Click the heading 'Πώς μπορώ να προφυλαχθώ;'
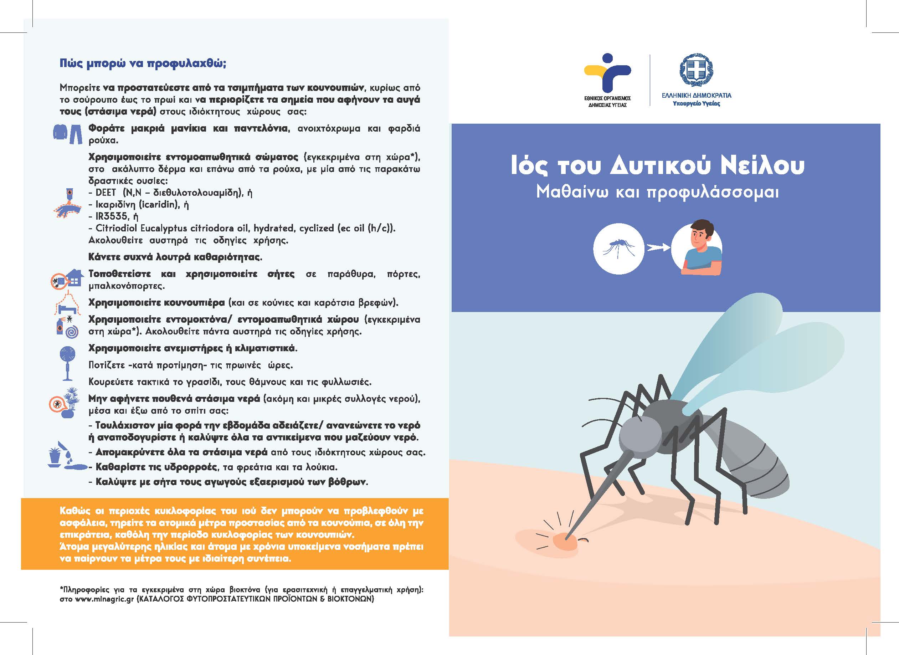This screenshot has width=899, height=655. coord(143,64)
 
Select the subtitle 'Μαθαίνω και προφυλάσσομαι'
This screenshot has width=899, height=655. coord(658,192)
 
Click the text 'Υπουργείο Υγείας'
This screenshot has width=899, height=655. coord(696,103)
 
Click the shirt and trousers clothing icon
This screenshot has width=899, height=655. coord(68,134)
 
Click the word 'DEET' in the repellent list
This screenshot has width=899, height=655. coord(106,193)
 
